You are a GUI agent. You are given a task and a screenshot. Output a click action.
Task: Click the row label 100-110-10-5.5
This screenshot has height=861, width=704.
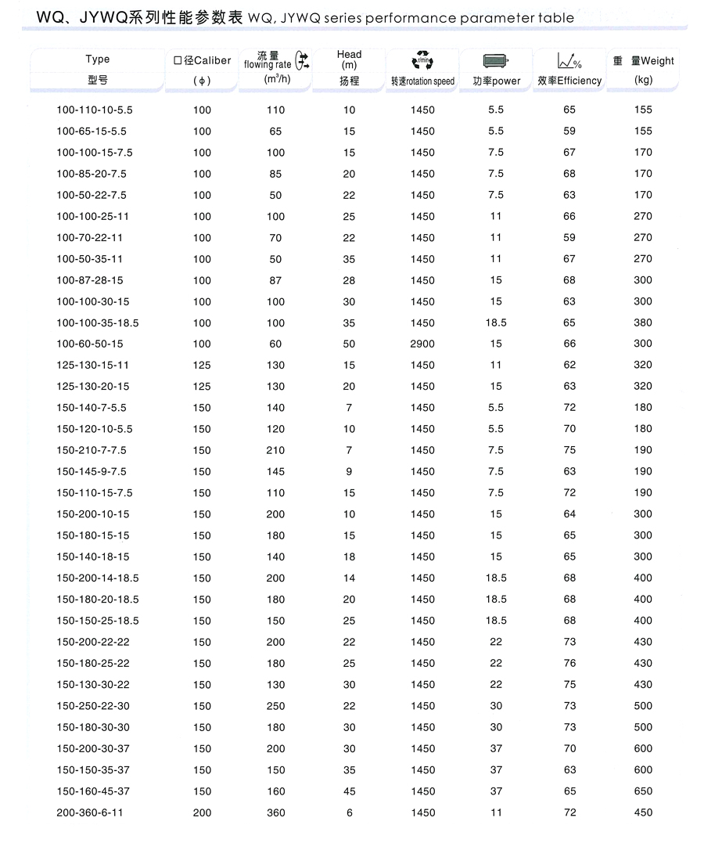pos(91,110)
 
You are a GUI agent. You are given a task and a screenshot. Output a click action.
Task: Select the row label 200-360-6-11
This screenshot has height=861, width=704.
pos(90,812)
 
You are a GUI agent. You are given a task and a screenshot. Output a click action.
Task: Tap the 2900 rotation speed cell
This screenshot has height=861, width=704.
pos(422,344)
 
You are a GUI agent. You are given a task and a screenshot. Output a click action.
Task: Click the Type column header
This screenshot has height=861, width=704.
pos(98,59)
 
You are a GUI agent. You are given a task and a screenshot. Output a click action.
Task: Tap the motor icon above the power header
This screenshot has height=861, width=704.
pos(496,61)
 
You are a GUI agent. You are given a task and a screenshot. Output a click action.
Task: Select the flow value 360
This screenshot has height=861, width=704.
pos(275,812)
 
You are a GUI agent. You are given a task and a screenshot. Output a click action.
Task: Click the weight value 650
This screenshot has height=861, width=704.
pos(643,791)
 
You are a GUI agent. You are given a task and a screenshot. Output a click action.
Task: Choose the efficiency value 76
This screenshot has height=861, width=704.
pos(569,663)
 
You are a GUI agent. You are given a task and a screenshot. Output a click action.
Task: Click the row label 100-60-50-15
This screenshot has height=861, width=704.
pos(90,344)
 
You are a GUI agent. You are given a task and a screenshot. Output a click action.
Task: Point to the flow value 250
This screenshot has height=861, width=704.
pos(275,705)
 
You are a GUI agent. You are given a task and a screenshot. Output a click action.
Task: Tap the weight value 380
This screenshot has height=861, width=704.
pos(643,322)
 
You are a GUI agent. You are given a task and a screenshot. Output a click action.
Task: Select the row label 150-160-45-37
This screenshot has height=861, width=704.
pos(93,791)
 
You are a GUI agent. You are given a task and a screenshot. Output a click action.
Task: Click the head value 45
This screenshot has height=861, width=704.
pos(349,791)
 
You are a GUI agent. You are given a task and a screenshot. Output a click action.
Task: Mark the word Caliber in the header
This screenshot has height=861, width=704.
pos(212,60)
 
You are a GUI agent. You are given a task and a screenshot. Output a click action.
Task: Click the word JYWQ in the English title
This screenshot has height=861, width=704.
pos(294,17)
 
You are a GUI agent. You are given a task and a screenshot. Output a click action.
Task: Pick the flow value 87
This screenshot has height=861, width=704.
pos(275,279)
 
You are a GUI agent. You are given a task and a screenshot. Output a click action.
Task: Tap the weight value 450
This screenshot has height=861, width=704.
pos(643,812)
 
